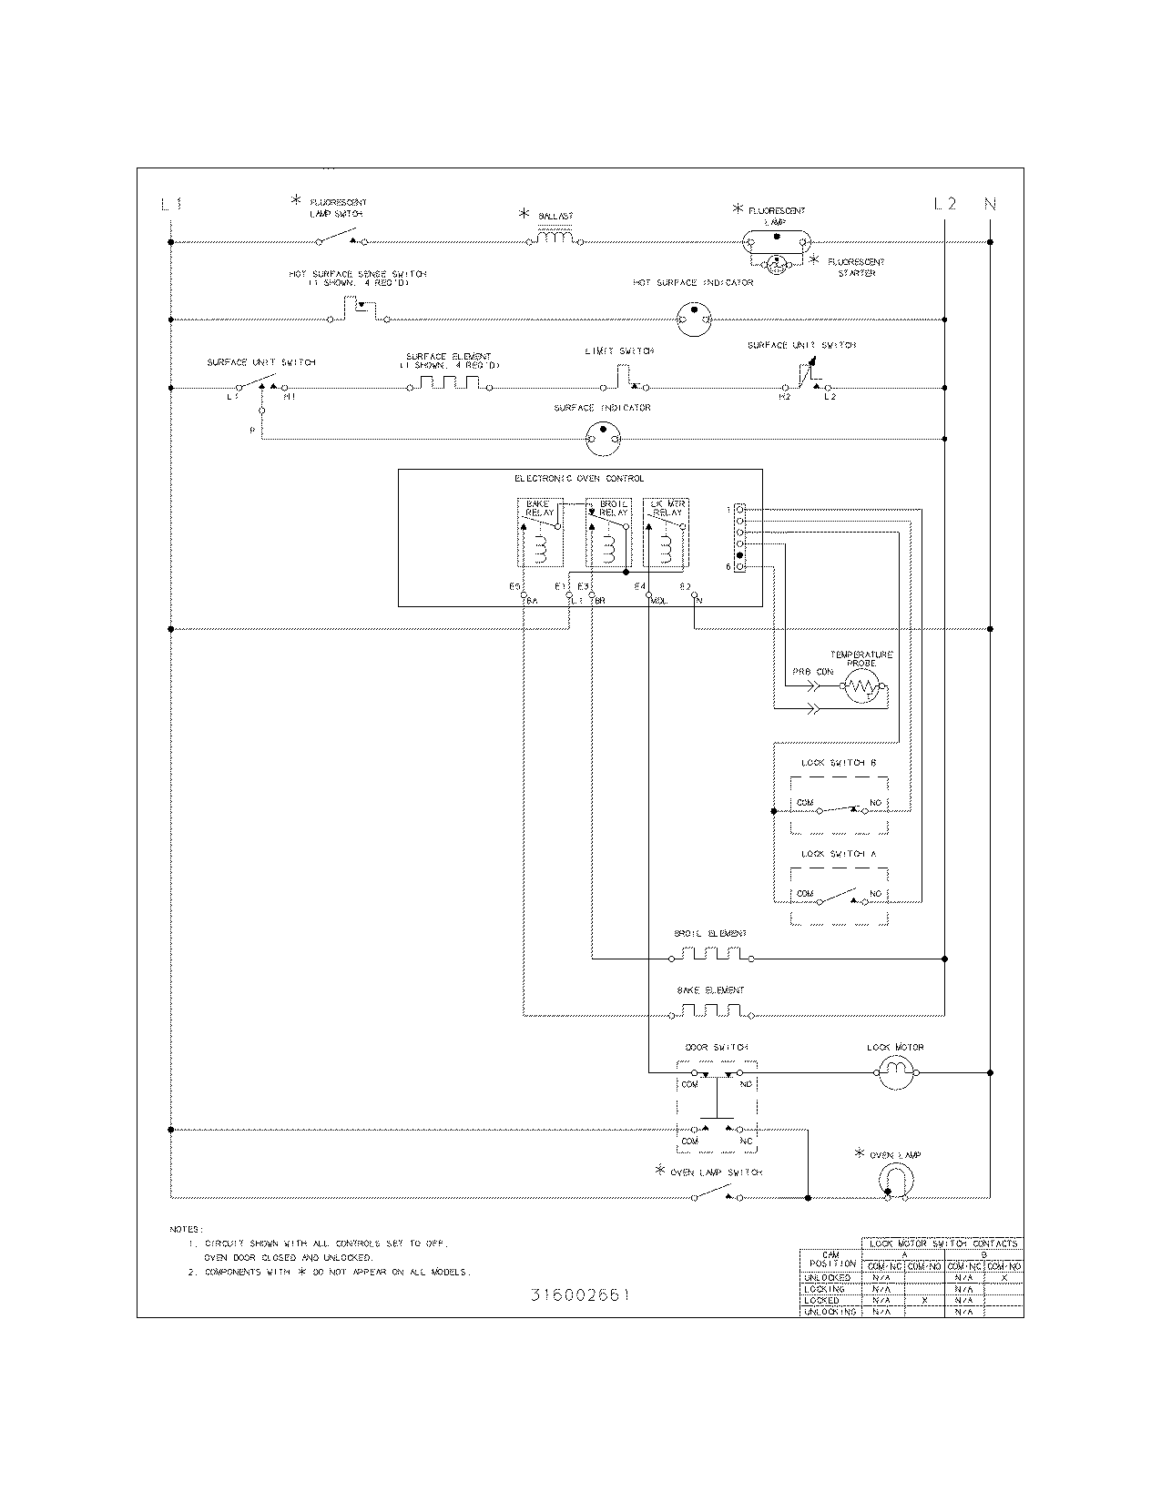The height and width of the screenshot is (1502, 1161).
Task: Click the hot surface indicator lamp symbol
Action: point(694,320)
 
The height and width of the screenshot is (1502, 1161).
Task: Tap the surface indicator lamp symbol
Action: point(602,440)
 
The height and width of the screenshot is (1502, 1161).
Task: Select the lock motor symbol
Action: point(894,1073)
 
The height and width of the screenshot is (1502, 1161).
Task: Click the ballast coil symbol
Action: point(555,239)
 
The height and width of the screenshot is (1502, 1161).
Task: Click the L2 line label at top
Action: point(945,204)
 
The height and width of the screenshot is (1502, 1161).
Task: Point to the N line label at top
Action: point(990,204)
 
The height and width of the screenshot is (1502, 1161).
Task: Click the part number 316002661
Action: point(579,1295)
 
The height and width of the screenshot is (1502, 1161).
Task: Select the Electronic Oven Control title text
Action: point(579,479)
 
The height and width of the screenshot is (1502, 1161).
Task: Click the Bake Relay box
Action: point(540,533)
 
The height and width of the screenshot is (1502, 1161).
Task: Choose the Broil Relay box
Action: point(607,533)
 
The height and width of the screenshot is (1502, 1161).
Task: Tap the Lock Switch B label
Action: point(839,763)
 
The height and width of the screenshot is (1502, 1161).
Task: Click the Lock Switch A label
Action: point(839,854)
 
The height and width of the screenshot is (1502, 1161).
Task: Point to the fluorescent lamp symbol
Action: point(777,241)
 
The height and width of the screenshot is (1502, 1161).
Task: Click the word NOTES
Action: point(187,1229)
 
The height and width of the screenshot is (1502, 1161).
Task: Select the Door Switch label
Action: point(717,1048)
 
